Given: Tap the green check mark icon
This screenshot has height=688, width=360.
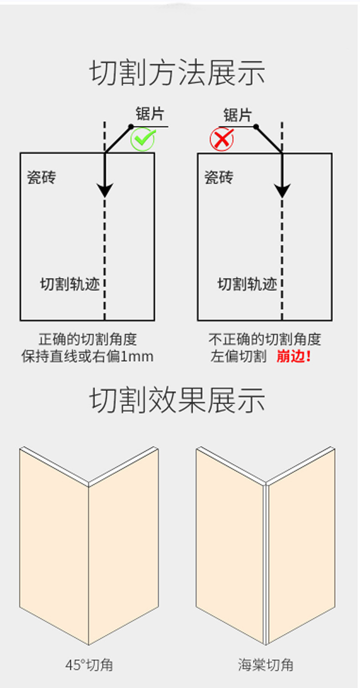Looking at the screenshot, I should [143, 139].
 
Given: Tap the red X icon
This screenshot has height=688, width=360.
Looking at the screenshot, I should [221, 139].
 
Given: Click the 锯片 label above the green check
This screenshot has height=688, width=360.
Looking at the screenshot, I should [149, 114].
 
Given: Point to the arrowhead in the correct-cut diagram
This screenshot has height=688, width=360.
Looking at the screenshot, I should [105, 190].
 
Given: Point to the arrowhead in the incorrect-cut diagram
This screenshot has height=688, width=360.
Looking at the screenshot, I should [283, 190].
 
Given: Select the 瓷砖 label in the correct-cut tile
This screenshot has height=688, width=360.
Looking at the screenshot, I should [41, 177].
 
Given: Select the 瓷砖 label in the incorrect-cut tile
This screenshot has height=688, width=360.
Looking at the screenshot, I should [219, 177].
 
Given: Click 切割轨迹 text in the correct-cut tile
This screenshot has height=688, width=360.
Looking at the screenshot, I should [70, 285].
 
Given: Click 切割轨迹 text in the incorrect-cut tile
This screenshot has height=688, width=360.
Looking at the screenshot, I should [247, 285].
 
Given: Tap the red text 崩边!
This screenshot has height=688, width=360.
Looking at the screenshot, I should [293, 357].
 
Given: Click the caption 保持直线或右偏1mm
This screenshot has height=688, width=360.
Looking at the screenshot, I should [87, 357].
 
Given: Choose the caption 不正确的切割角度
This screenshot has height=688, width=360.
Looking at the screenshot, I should [265, 340].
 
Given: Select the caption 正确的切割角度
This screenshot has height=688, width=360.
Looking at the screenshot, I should [87, 340].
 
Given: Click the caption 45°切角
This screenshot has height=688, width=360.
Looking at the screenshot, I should [89, 665].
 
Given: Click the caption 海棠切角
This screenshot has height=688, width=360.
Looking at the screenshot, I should [266, 665].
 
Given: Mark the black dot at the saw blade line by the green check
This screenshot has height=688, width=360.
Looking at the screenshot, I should [131, 126].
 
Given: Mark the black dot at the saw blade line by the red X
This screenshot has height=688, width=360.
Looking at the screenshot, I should [256, 126].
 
